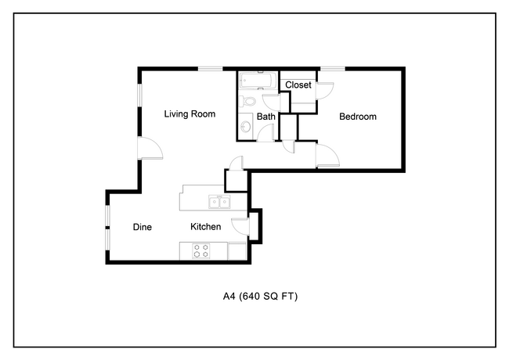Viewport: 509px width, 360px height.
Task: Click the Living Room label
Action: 190,113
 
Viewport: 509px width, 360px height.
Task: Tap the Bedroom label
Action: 358,117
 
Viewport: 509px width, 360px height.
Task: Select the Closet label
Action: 298,85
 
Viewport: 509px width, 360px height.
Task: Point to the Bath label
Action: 266,117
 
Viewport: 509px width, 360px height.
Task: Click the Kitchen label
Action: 205,226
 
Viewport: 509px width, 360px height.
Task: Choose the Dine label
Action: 143,227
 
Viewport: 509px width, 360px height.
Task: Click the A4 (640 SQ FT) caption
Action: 260,296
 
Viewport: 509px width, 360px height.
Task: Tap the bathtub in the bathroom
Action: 258,80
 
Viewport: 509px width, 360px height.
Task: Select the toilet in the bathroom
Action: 247,101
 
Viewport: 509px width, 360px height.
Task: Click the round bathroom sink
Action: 246,126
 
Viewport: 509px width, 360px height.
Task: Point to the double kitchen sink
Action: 219,202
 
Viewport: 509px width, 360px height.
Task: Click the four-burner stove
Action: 201,250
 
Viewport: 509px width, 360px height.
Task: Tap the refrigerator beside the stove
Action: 237,251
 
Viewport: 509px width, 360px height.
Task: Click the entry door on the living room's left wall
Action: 150,148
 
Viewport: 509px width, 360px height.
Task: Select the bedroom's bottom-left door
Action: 327,156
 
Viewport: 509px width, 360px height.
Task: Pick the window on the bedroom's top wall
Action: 332,69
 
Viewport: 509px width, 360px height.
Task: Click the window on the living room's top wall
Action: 211,69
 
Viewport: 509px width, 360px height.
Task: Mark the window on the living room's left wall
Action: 140,95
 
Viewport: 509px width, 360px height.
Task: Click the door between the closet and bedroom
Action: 325,91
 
